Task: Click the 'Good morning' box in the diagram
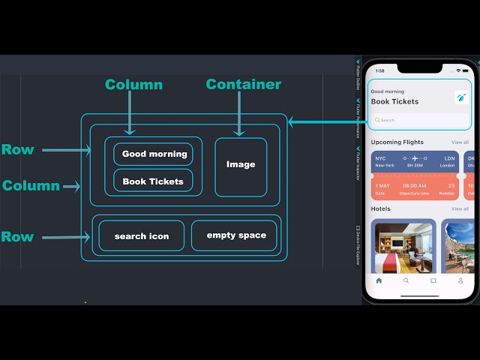(x=154, y=154)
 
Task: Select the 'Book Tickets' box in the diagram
(x=153, y=181)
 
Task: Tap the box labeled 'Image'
(x=241, y=165)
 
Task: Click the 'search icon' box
(x=142, y=236)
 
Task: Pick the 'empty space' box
(x=236, y=235)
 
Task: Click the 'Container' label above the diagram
(x=243, y=85)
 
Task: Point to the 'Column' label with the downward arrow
(x=133, y=85)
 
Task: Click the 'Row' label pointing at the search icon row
(x=17, y=237)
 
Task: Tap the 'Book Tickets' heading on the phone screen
(x=395, y=102)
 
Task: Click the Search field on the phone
(x=420, y=120)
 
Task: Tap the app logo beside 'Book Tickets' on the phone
(x=460, y=97)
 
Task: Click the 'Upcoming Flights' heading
(x=397, y=142)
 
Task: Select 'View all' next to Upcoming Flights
(x=460, y=142)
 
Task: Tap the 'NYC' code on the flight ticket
(x=380, y=159)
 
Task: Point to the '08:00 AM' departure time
(x=414, y=185)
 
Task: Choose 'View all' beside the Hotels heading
(x=460, y=209)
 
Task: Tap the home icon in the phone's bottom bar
(x=379, y=280)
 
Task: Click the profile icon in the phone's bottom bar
(x=460, y=280)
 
